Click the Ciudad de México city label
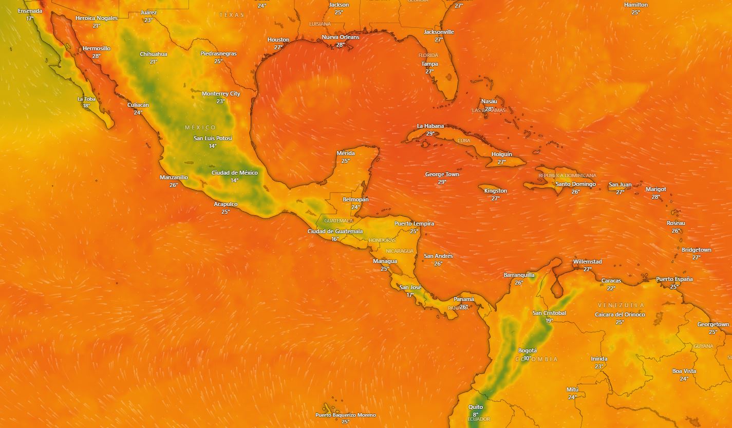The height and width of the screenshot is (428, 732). (234, 173)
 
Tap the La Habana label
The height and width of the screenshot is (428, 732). (430, 126)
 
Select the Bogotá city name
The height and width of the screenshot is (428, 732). (528, 350)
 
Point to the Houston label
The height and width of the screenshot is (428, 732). (278, 40)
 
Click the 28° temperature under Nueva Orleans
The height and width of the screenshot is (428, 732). (340, 45)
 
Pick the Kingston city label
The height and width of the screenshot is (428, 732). (495, 191)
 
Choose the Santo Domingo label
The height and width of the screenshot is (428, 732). (575, 184)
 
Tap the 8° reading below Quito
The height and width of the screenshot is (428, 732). (475, 415)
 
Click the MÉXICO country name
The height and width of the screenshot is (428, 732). (200, 127)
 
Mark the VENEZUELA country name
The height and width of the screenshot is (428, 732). (621, 305)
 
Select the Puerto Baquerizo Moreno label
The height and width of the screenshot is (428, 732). (345, 415)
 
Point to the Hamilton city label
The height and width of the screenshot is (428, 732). (635, 5)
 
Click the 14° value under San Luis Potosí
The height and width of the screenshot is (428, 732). (213, 146)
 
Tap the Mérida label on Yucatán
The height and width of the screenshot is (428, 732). (345, 153)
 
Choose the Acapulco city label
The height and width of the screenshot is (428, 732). (226, 204)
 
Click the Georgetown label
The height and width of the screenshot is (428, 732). (712, 324)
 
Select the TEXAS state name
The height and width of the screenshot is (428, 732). (232, 15)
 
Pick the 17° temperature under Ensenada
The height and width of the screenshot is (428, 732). (30, 18)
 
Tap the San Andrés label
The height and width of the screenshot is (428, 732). (438, 256)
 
